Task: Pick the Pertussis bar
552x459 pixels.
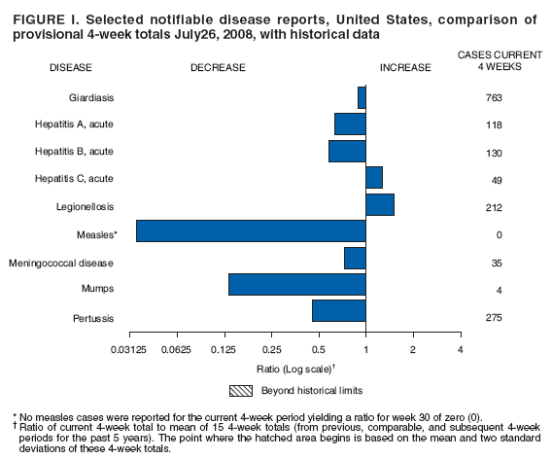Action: [x=338, y=310]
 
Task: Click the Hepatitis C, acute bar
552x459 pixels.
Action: [x=374, y=177]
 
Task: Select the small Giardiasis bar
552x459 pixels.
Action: [x=362, y=97]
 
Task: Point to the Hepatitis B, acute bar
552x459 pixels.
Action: [x=347, y=151]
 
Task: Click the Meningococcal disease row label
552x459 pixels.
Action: [x=61, y=264]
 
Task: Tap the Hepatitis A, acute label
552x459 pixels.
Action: [x=74, y=124]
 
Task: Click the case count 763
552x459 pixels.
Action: [x=495, y=98]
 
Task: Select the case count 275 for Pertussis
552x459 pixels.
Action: [x=495, y=318]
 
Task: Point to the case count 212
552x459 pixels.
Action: [x=495, y=206]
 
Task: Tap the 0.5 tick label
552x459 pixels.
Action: [x=319, y=349]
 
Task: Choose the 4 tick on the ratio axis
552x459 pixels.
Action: [x=461, y=349]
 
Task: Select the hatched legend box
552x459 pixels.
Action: [x=241, y=391]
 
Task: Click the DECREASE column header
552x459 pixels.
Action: [x=218, y=69]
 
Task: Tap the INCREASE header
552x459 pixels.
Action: [x=404, y=69]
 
